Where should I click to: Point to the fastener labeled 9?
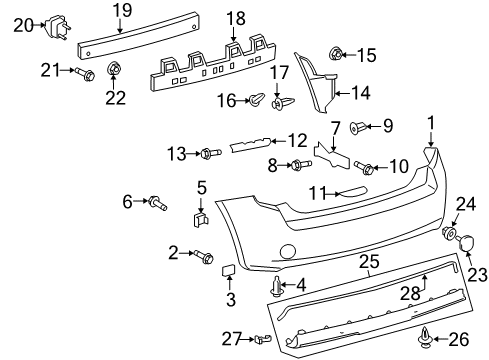pos(360,127)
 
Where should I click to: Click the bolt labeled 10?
pos(365,168)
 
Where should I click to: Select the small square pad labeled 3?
pos(228,269)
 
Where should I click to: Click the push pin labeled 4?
pos(276,288)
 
